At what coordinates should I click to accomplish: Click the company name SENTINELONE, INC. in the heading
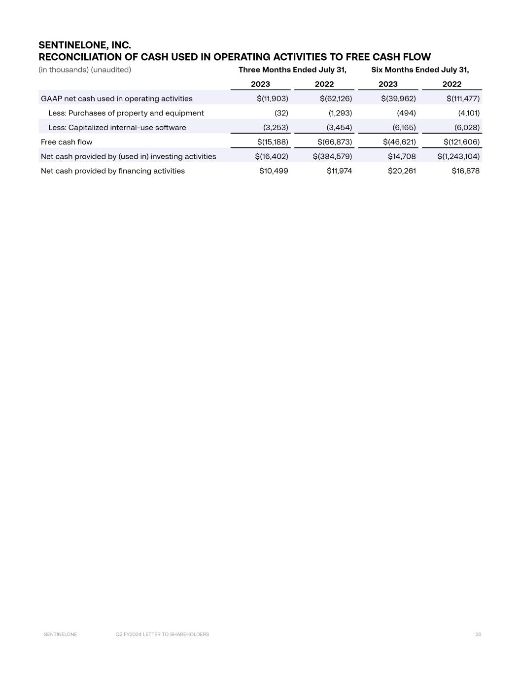85,46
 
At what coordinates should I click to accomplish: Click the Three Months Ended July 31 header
292,70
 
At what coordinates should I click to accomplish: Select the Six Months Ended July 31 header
420,70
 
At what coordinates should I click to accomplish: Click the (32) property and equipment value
281,113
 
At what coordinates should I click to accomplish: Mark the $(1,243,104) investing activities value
458,156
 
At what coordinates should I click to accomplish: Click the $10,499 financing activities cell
274,171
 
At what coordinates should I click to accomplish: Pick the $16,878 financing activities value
465,171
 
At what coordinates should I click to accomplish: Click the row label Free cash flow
67,142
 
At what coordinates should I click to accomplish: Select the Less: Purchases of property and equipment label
126,113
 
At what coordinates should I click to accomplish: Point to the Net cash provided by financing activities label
113,171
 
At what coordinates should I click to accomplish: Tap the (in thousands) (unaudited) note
85,70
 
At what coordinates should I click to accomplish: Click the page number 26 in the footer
478,635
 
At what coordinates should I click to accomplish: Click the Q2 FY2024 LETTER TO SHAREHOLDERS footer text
162,635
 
